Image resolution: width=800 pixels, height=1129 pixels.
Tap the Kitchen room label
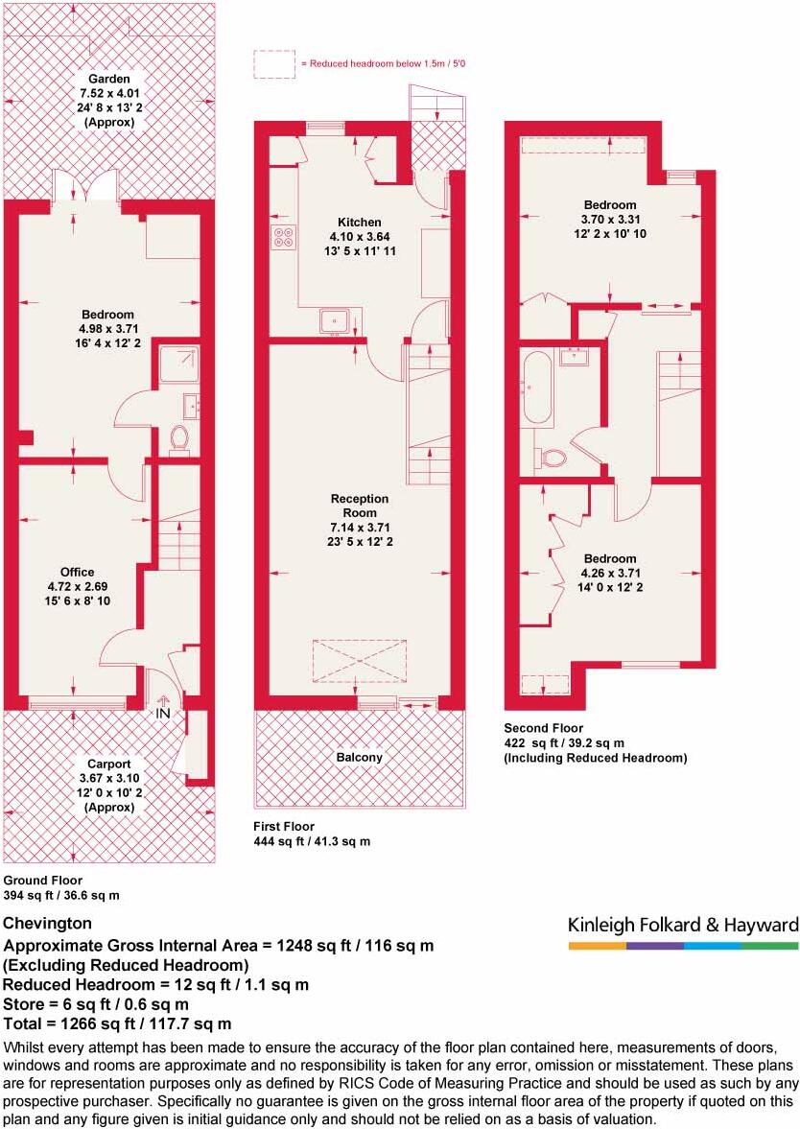pyautogui.click(x=360, y=223)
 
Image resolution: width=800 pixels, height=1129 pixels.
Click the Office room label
pyautogui.click(x=78, y=573)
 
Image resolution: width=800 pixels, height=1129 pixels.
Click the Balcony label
pyautogui.click(x=359, y=757)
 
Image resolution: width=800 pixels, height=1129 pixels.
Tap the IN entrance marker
pyautogui.click(x=163, y=714)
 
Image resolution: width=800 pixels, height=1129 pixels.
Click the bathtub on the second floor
pyautogui.click(x=537, y=388)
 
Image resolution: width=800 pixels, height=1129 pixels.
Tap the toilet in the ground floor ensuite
pyautogui.click(x=179, y=440)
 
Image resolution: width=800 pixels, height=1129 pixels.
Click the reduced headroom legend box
pyautogui.click(x=273, y=64)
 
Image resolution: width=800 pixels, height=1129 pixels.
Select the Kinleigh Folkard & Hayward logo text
pyautogui.click(x=683, y=925)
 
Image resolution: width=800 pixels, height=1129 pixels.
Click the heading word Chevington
pyautogui.click(x=48, y=924)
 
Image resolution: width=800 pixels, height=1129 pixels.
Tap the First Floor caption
pyautogui.click(x=284, y=826)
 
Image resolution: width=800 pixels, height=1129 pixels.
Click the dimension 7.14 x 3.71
pyautogui.click(x=360, y=527)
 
